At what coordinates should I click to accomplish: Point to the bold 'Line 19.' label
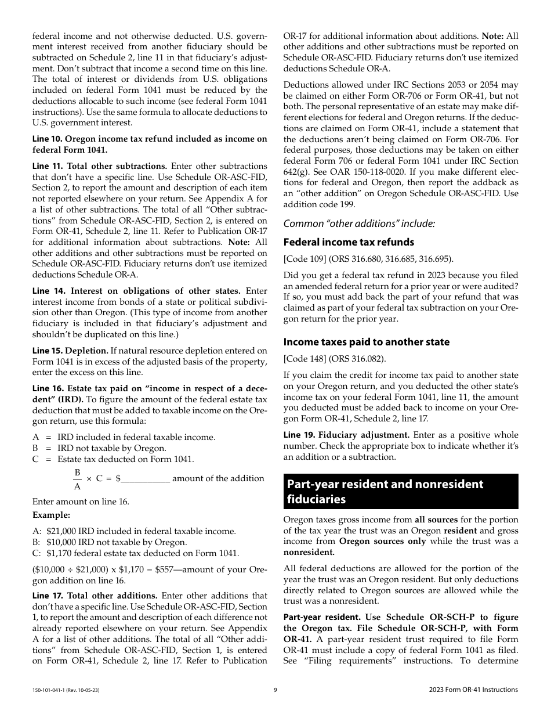(x=299, y=435)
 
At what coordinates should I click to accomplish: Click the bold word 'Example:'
(x=51, y=515)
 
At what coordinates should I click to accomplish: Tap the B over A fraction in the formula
(x=77, y=479)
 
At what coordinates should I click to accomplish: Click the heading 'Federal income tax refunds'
(x=349, y=242)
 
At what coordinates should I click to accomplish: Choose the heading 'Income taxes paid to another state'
(x=367, y=342)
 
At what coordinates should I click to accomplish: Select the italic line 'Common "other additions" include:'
(x=359, y=223)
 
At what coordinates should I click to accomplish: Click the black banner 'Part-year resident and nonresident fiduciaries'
(x=400, y=492)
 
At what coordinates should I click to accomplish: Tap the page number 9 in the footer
(x=275, y=690)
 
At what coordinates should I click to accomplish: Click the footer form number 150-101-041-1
(x=50, y=690)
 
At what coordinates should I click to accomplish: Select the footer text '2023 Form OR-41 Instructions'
(x=470, y=690)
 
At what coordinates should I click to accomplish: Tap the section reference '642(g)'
(x=296, y=172)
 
